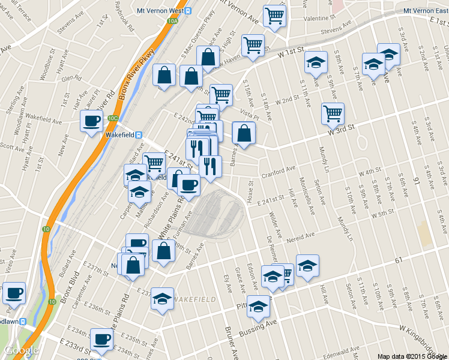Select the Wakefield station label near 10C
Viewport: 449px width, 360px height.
(119, 134)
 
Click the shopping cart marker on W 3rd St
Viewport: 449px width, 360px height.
(333, 112)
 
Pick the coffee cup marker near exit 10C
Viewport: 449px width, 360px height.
(92, 121)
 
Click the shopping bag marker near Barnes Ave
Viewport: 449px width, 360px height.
(244, 133)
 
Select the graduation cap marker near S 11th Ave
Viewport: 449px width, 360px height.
(315, 62)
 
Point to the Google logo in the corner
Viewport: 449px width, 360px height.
(21, 350)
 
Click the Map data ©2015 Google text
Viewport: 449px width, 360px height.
(412, 356)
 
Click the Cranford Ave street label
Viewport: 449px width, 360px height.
(279, 173)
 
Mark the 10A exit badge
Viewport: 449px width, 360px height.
(173, 21)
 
